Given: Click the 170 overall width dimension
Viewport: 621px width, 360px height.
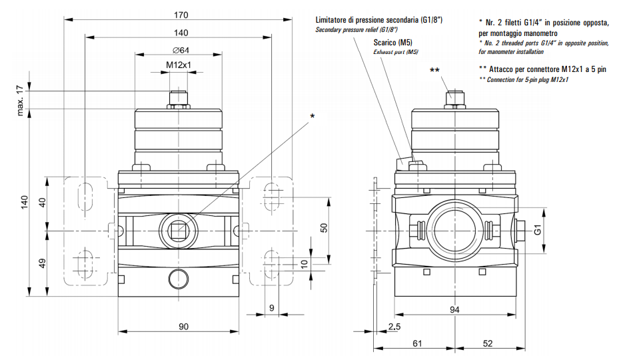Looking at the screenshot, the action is [181, 15].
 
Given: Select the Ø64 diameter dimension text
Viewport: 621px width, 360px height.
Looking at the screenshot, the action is [181, 50].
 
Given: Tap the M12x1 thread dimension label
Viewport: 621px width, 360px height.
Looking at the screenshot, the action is [178, 65].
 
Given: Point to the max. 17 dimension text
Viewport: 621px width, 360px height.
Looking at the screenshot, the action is [21, 100].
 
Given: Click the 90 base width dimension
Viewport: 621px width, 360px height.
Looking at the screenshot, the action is [183, 326].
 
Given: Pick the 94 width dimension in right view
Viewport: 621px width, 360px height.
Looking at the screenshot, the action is [454, 309].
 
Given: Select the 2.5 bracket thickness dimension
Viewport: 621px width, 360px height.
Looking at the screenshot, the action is [394, 326].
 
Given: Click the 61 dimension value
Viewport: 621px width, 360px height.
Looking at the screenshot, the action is [417, 343].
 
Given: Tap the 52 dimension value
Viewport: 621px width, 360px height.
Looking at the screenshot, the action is [488, 343].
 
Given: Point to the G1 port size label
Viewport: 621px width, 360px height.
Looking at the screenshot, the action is [538, 230].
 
